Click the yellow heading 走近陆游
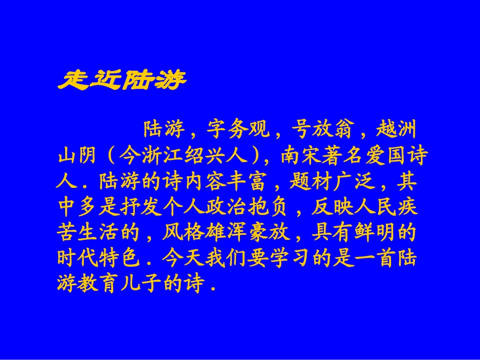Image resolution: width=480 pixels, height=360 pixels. [x=122, y=79]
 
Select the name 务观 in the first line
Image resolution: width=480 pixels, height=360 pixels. [x=249, y=131]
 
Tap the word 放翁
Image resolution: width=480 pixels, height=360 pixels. [x=334, y=131]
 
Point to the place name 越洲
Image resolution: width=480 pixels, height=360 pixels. [x=397, y=131]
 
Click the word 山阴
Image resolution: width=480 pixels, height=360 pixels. [x=78, y=157]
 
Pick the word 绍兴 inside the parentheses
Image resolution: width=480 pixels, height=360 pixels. [x=206, y=157]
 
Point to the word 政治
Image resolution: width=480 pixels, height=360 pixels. [x=227, y=208]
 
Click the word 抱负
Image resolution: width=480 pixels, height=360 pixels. [x=270, y=208]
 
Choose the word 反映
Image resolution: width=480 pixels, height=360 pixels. [x=333, y=208]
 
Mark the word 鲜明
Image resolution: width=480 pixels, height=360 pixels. [x=375, y=233]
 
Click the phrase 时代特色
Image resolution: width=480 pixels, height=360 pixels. [x=99, y=258]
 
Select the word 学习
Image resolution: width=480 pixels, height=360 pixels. [x=291, y=258]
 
